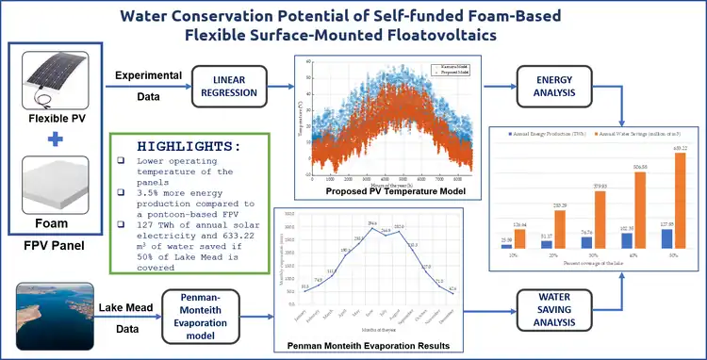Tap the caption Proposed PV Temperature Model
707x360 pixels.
pos(386,191)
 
